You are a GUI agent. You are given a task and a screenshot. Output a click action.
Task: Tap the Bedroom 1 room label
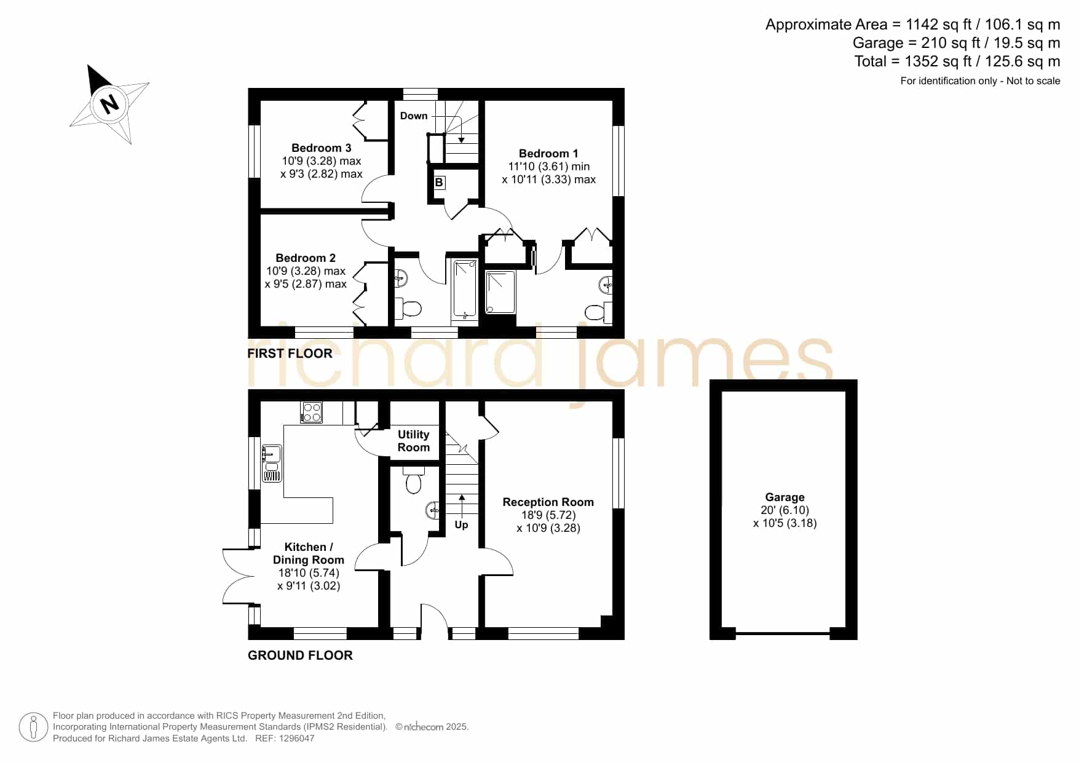[548, 153]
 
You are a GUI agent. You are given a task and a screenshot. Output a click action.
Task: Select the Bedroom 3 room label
[321, 148]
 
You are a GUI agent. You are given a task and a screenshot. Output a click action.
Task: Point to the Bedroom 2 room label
[306, 258]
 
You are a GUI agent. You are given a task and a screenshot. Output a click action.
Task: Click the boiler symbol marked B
[439, 183]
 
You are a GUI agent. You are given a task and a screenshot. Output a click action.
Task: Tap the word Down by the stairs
[414, 116]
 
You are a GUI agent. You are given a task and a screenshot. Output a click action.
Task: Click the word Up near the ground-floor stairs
[461, 524]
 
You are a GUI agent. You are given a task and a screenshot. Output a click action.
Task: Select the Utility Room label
[414, 441]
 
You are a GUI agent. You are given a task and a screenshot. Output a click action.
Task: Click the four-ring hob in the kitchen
[311, 412]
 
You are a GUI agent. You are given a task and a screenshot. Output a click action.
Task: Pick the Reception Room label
[548, 502]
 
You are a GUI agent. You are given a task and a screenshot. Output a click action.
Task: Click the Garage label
[785, 497]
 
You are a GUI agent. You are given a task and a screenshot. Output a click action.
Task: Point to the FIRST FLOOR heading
[290, 354]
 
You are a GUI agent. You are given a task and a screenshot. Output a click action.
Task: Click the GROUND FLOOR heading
[300, 655]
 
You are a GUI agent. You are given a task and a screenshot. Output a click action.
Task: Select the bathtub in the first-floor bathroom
[465, 290]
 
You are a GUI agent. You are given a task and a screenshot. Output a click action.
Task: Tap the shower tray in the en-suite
[501, 292]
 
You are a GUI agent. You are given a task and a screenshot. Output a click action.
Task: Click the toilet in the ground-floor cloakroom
[413, 480]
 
